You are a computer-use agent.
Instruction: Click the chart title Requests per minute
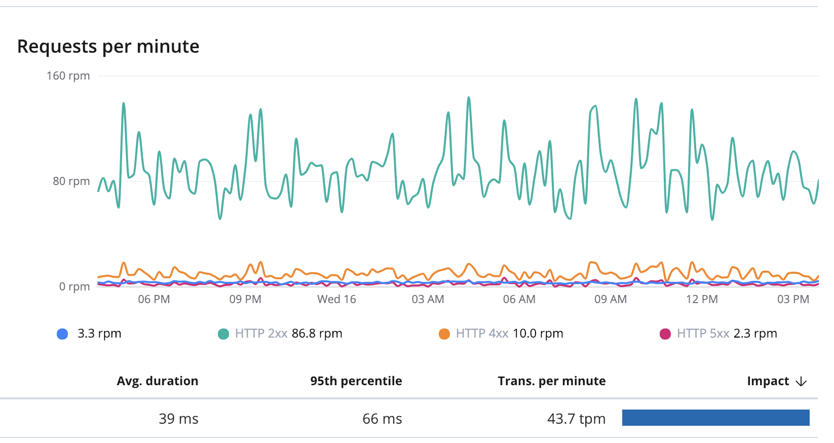click(108, 47)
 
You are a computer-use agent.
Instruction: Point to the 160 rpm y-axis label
click(68, 76)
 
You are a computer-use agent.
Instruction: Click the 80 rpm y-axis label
click(71, 181)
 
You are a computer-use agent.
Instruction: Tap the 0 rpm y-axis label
click(74, 287)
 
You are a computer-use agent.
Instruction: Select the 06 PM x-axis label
click(154, 300)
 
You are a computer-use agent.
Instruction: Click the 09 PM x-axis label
click(245, 300)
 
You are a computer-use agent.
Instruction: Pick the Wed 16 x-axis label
click(336, 300)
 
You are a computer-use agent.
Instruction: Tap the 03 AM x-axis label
click(428, 300)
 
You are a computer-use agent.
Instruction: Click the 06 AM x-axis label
click(519, 300)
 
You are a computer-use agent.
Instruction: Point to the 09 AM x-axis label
click(611, 300)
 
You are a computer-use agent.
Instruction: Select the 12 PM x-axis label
click(702, 300)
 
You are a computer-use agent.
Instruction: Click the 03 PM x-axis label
click(793, 300)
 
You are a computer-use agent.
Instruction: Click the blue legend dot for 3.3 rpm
click(62, 334)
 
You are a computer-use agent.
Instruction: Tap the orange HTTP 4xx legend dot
click(444, 334)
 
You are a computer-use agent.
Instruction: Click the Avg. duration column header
click(158, 381)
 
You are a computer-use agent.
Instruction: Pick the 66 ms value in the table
click(382, 419)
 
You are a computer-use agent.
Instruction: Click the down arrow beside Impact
click(801, 382)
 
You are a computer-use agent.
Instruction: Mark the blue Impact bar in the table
click(715, 418)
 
